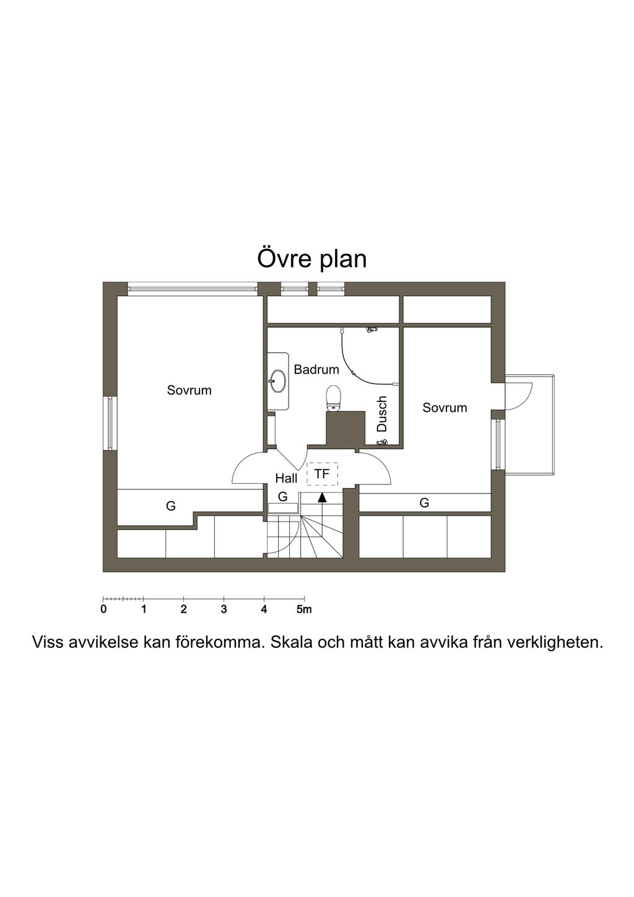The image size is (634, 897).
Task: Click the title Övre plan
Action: point(311,259)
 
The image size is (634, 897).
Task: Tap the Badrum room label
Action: point(316,370)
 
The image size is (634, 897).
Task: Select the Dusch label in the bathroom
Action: point(382,414)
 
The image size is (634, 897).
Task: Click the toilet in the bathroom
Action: point(334,398)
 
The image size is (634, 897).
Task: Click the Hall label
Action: point(286,478)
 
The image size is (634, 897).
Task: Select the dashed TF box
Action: point(323,474)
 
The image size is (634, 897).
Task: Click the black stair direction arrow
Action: point(322,497)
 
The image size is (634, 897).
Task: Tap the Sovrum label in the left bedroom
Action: point(189,390)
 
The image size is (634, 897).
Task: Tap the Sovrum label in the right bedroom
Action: point(445,408)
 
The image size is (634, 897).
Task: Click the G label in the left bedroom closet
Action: point(171,506)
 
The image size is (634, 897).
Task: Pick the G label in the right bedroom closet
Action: point(424,503)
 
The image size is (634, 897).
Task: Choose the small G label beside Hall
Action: point(282,497)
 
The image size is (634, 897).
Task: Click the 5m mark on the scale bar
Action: point(304,610)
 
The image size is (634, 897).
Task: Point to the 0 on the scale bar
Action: point(103,610)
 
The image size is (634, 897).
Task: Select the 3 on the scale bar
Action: point(224,610)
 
